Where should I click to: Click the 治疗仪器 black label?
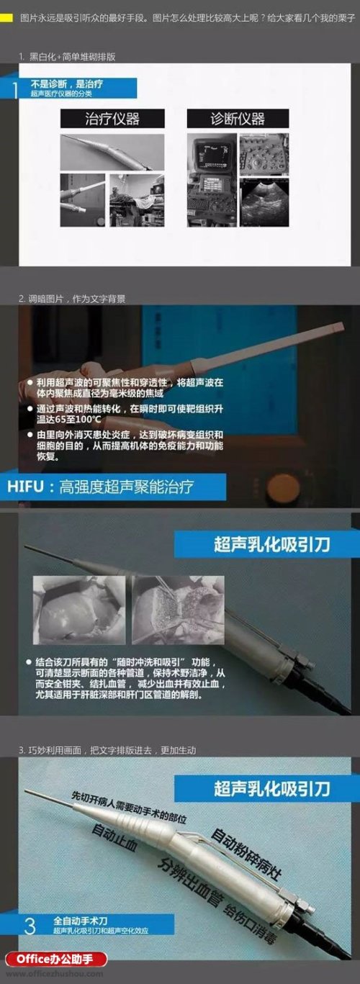(x=112, y=119)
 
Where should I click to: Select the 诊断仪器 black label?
(x=238, y=119)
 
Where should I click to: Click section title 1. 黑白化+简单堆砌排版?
(x=68, y=55)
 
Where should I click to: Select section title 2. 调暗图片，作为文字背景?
(x=73, y=298)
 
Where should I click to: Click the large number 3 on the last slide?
(x=29, y=924)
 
